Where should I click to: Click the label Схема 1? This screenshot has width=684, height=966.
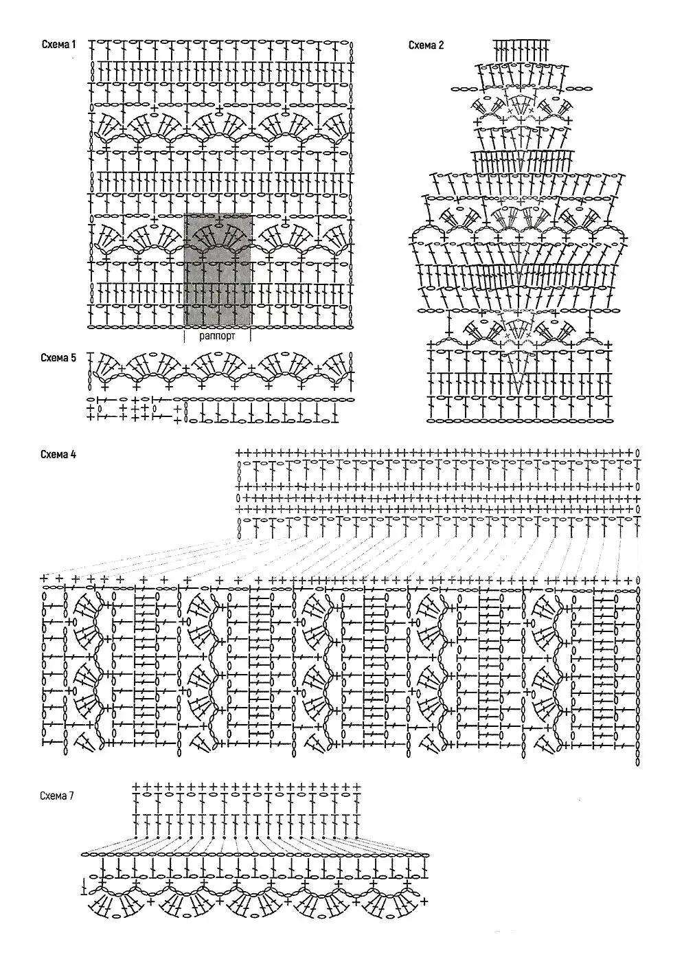[x=58, y=45]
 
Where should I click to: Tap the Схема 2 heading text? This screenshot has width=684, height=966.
[x=426, y=45]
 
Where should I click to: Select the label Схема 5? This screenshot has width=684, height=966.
[x=58, y=358]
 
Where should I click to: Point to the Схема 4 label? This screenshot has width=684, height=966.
[x=58, y=454]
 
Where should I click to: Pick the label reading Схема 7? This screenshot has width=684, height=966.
[x=58, y=796]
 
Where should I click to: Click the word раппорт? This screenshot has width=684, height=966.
[x=217, y=337]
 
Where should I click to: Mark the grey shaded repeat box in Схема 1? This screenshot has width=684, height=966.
[x=217, y=268]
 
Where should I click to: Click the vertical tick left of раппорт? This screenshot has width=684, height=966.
[x=184, y=336]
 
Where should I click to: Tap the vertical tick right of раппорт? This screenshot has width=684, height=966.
[x=251, y=336]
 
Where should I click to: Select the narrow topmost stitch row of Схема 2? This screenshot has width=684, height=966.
[x=522, y=48]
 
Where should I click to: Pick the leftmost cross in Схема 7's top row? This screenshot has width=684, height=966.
[x=137, y=786]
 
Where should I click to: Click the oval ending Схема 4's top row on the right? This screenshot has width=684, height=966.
[x=638, y=453]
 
